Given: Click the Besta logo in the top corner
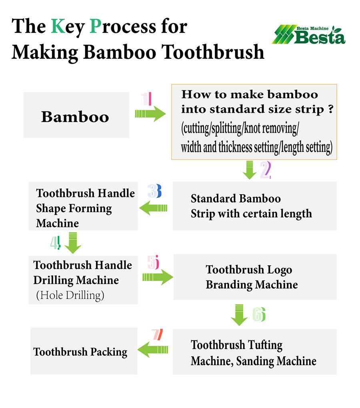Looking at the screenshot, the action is [309, 35].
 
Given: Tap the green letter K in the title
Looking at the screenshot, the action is [58, 26].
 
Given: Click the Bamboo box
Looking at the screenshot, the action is [76, 115].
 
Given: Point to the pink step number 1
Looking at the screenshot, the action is [146, 99].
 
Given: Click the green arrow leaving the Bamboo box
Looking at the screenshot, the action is [150, 114].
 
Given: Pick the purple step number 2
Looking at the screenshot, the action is [266, 170].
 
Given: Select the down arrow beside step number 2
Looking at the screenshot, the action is [250, 170].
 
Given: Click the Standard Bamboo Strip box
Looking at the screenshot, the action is [254, 206].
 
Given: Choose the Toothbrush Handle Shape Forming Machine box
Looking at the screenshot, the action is [83, 206].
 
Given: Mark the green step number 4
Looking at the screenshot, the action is [56, 243].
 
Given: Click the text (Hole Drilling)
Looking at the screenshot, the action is [70, 295].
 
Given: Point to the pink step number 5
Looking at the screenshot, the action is [153, 262].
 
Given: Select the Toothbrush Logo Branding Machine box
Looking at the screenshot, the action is [255, 277].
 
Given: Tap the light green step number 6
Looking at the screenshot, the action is [259, 314].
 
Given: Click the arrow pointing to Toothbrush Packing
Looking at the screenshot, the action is [153, 349].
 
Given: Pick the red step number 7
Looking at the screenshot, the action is [157, 334].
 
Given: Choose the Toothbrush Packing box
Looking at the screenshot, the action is [84, 351].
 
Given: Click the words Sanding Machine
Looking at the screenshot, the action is [276, 361].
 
